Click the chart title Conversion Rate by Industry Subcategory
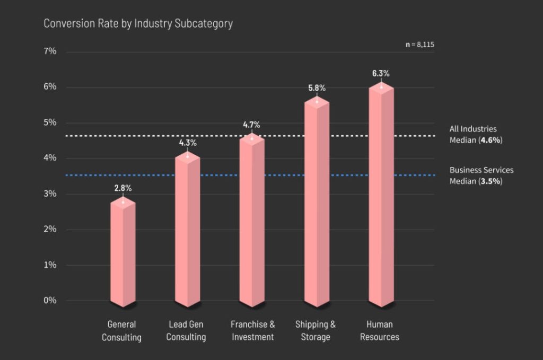click(138, 23)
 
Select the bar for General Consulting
click(123, 252)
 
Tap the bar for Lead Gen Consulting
click(188, 231)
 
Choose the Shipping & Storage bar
click(317, 204)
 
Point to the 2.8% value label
click(123, 188)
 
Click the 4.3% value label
click(188, 143)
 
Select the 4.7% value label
click(251, 125)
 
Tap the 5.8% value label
click(317, 88)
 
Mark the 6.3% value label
click(381, 73)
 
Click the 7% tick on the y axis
click(50, 51)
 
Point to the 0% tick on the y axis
click(50, 301)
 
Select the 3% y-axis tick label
click(50, 194)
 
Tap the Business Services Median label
click(481, 175)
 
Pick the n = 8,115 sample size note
click(420, 45)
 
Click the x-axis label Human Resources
click(380, 330)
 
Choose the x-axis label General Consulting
click(122, 330)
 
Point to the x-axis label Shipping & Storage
click(316, 330)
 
